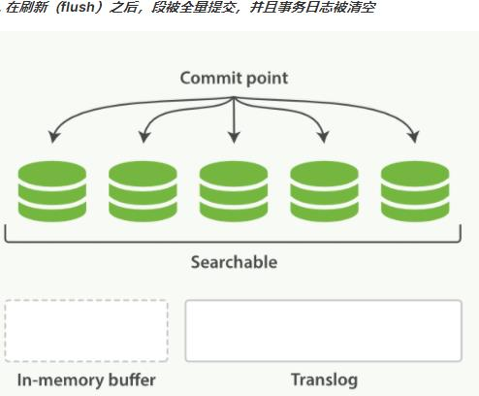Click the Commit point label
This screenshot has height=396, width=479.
(x=234, y=78)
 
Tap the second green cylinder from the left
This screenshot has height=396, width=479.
(x=143, y=190)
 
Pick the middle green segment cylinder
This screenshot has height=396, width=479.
(x=234, y=190)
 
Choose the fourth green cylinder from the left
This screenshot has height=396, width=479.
(x=325, y=190)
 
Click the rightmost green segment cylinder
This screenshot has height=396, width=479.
(x=415, y=190)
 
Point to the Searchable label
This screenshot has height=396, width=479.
(x=234, y=262)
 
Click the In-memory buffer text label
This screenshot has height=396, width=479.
(x=86, y=379)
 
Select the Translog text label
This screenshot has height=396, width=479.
(x=323, y=379)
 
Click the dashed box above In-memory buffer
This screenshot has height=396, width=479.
(x=86, y=331)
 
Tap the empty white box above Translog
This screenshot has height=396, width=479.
(x=323, y=331)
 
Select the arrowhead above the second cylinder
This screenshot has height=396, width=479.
(x=144, y=136)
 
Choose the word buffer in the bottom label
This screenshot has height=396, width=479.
(x=130, y=379)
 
